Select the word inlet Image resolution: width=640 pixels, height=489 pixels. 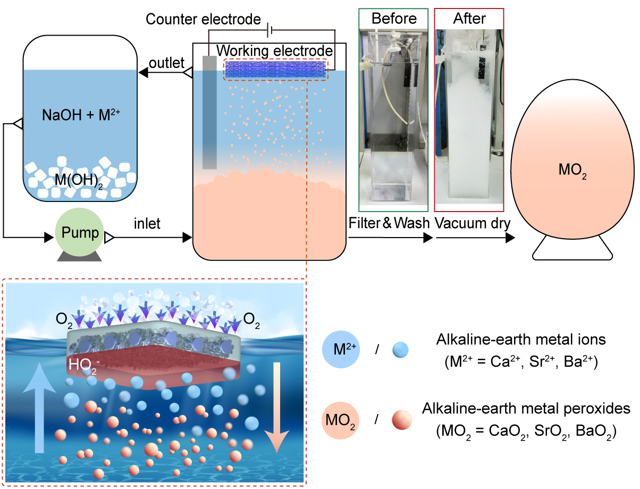coord(147,223)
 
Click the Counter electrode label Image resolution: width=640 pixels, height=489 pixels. coord(203,20)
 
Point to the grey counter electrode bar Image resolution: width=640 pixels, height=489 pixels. coord(209,112)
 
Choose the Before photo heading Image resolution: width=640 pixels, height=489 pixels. coord(394,19)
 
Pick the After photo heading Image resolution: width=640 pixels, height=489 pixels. coord(469,19)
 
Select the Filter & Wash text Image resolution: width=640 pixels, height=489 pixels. coord(389,224)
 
